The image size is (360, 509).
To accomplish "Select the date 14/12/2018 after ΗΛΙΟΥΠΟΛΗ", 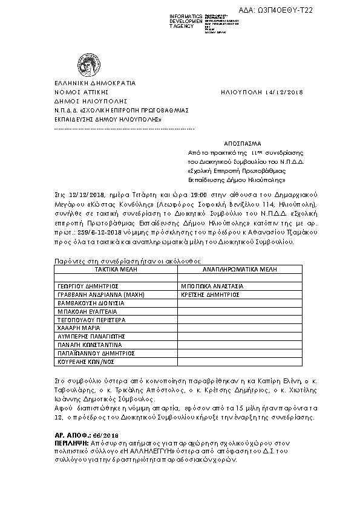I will (283, 92).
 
